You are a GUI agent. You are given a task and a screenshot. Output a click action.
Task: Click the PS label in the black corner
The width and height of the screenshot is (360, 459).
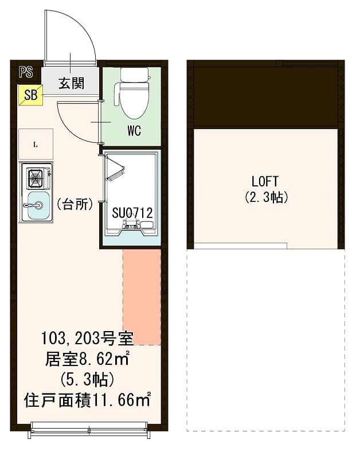26,72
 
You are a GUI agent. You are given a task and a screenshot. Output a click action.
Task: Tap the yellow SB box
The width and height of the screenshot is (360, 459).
30,95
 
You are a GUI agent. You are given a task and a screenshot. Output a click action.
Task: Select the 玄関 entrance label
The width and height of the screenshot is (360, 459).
71,83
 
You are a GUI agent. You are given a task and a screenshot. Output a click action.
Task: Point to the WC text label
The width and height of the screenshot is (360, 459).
134,131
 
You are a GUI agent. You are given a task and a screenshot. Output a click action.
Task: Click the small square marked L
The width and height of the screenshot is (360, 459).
36,144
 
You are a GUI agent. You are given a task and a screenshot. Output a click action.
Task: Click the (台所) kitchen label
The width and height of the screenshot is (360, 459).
75,205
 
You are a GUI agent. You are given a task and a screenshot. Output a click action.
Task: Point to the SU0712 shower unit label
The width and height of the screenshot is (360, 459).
132,213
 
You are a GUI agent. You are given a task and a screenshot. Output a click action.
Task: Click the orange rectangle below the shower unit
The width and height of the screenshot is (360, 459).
142,296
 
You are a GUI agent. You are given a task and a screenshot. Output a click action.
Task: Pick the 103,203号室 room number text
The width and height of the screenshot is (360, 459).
87,340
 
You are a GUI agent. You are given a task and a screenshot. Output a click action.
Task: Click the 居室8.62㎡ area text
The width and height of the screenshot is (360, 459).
87,360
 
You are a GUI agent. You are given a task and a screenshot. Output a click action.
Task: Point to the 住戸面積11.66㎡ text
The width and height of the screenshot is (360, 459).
88,399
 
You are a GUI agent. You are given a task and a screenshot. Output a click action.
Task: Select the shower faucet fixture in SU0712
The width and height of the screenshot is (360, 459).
133,225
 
